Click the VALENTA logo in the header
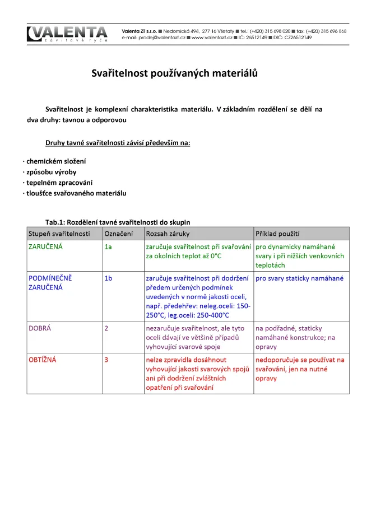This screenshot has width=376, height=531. (67, 34)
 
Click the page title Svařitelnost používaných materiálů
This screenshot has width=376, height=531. (174, 73)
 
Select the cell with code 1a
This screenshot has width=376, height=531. (108, 246)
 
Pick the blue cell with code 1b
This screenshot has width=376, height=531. (108, 278)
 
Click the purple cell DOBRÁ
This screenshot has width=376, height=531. (40, 328)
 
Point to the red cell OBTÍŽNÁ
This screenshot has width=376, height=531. (43, 360)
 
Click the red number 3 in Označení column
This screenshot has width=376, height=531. (106, 360)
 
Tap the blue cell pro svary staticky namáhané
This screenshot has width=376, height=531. (299, 278)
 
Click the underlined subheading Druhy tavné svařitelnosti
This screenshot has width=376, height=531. (118, 143)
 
